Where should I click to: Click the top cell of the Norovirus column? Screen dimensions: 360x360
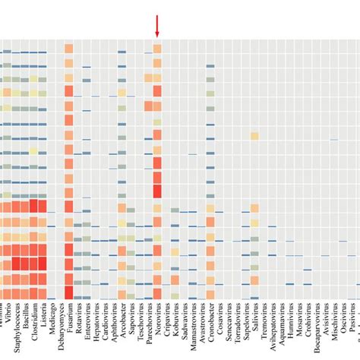(157, 49)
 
